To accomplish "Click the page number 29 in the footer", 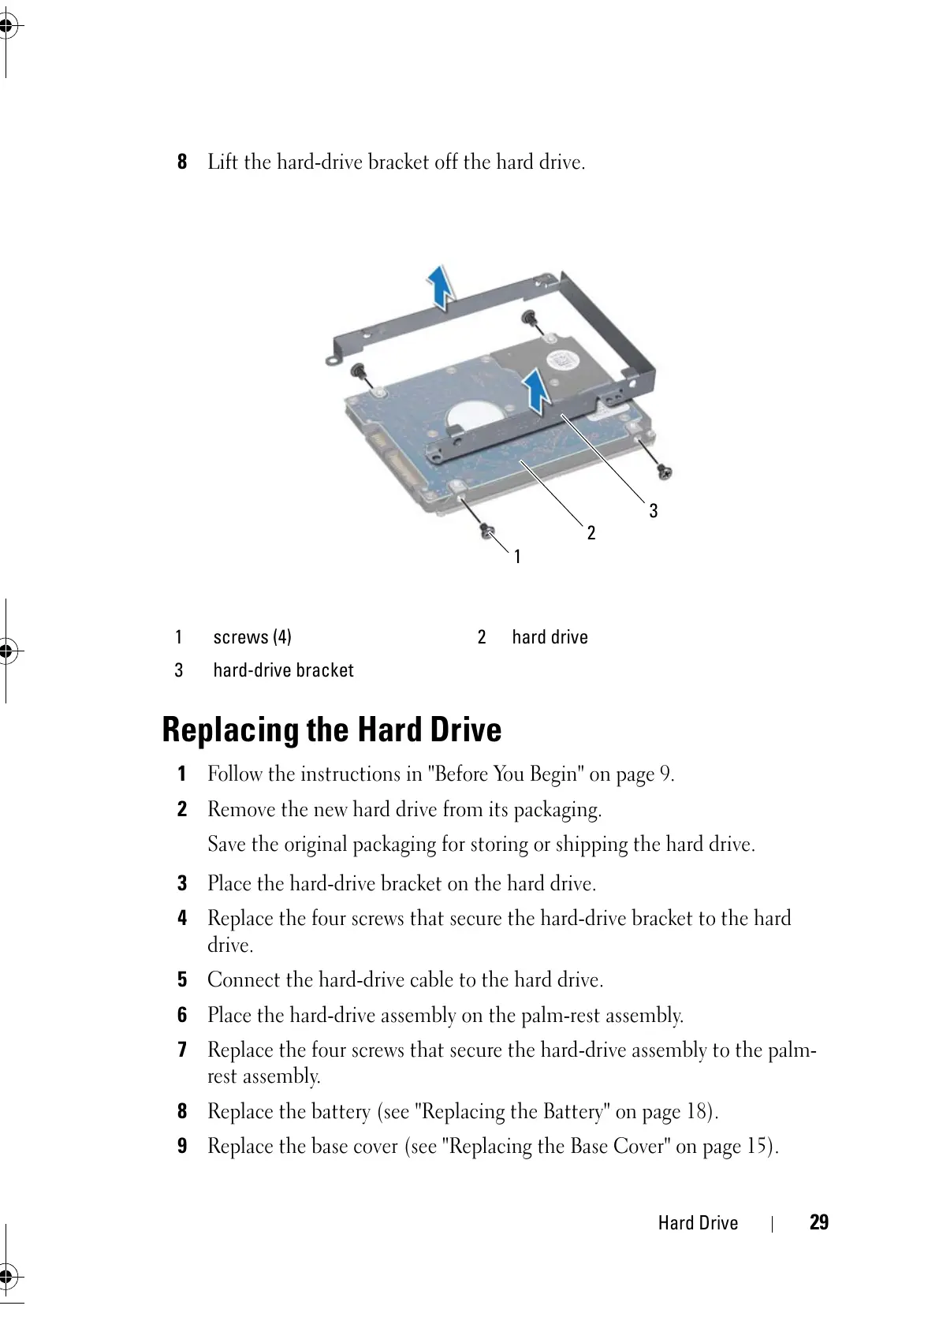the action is [x=818, y=1222].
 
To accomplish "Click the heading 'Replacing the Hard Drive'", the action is [x=331, y=729].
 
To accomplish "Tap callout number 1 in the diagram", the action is [x=517, y=557].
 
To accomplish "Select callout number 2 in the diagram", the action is [x=591, y=533].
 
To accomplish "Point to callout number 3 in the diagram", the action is [x=653, y=511].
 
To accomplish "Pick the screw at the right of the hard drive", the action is [x=664, y=472].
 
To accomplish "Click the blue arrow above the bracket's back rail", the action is [x=440, y=285].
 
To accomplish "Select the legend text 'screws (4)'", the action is [x=252, y=637].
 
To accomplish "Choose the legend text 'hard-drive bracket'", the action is [x=283, y=670].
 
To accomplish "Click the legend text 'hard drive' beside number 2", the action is [x=550, y=637].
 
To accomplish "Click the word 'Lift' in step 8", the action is [x=222, y=162].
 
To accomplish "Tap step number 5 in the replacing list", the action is [x=182, y=979].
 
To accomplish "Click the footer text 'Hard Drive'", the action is [x=698, y=1223].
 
